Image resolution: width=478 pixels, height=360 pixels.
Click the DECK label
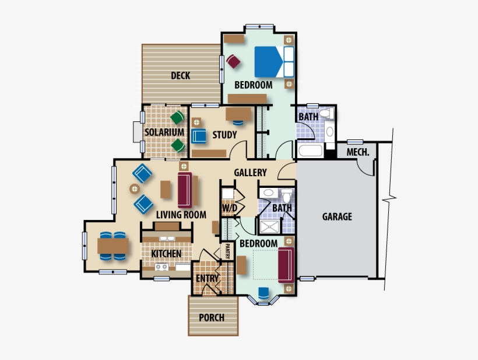(x=180, y=75)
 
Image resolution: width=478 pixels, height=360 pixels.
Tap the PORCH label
(x=211, y=318)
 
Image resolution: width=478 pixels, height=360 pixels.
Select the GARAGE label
(x=337, y=216)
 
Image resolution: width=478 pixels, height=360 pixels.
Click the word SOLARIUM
(x=164, y=132)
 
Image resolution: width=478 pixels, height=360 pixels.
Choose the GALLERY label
(x=250, y=173)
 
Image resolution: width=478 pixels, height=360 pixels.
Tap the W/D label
(x=229, y=208)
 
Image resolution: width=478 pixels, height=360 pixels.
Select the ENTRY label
(x=207, y=278)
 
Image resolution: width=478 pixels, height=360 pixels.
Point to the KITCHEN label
(x=166, y=254)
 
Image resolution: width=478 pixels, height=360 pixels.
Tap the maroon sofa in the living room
(x=185, y=189)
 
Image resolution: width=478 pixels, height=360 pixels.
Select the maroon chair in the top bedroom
(x=234, y=61)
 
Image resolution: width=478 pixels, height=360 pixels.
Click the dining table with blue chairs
(x=113, y=247)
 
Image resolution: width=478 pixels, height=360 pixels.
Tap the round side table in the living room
(x=134, y=188)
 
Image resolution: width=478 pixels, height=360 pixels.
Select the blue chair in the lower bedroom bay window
(x=263, y=293)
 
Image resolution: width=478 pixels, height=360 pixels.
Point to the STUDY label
(x=224, y=135)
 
